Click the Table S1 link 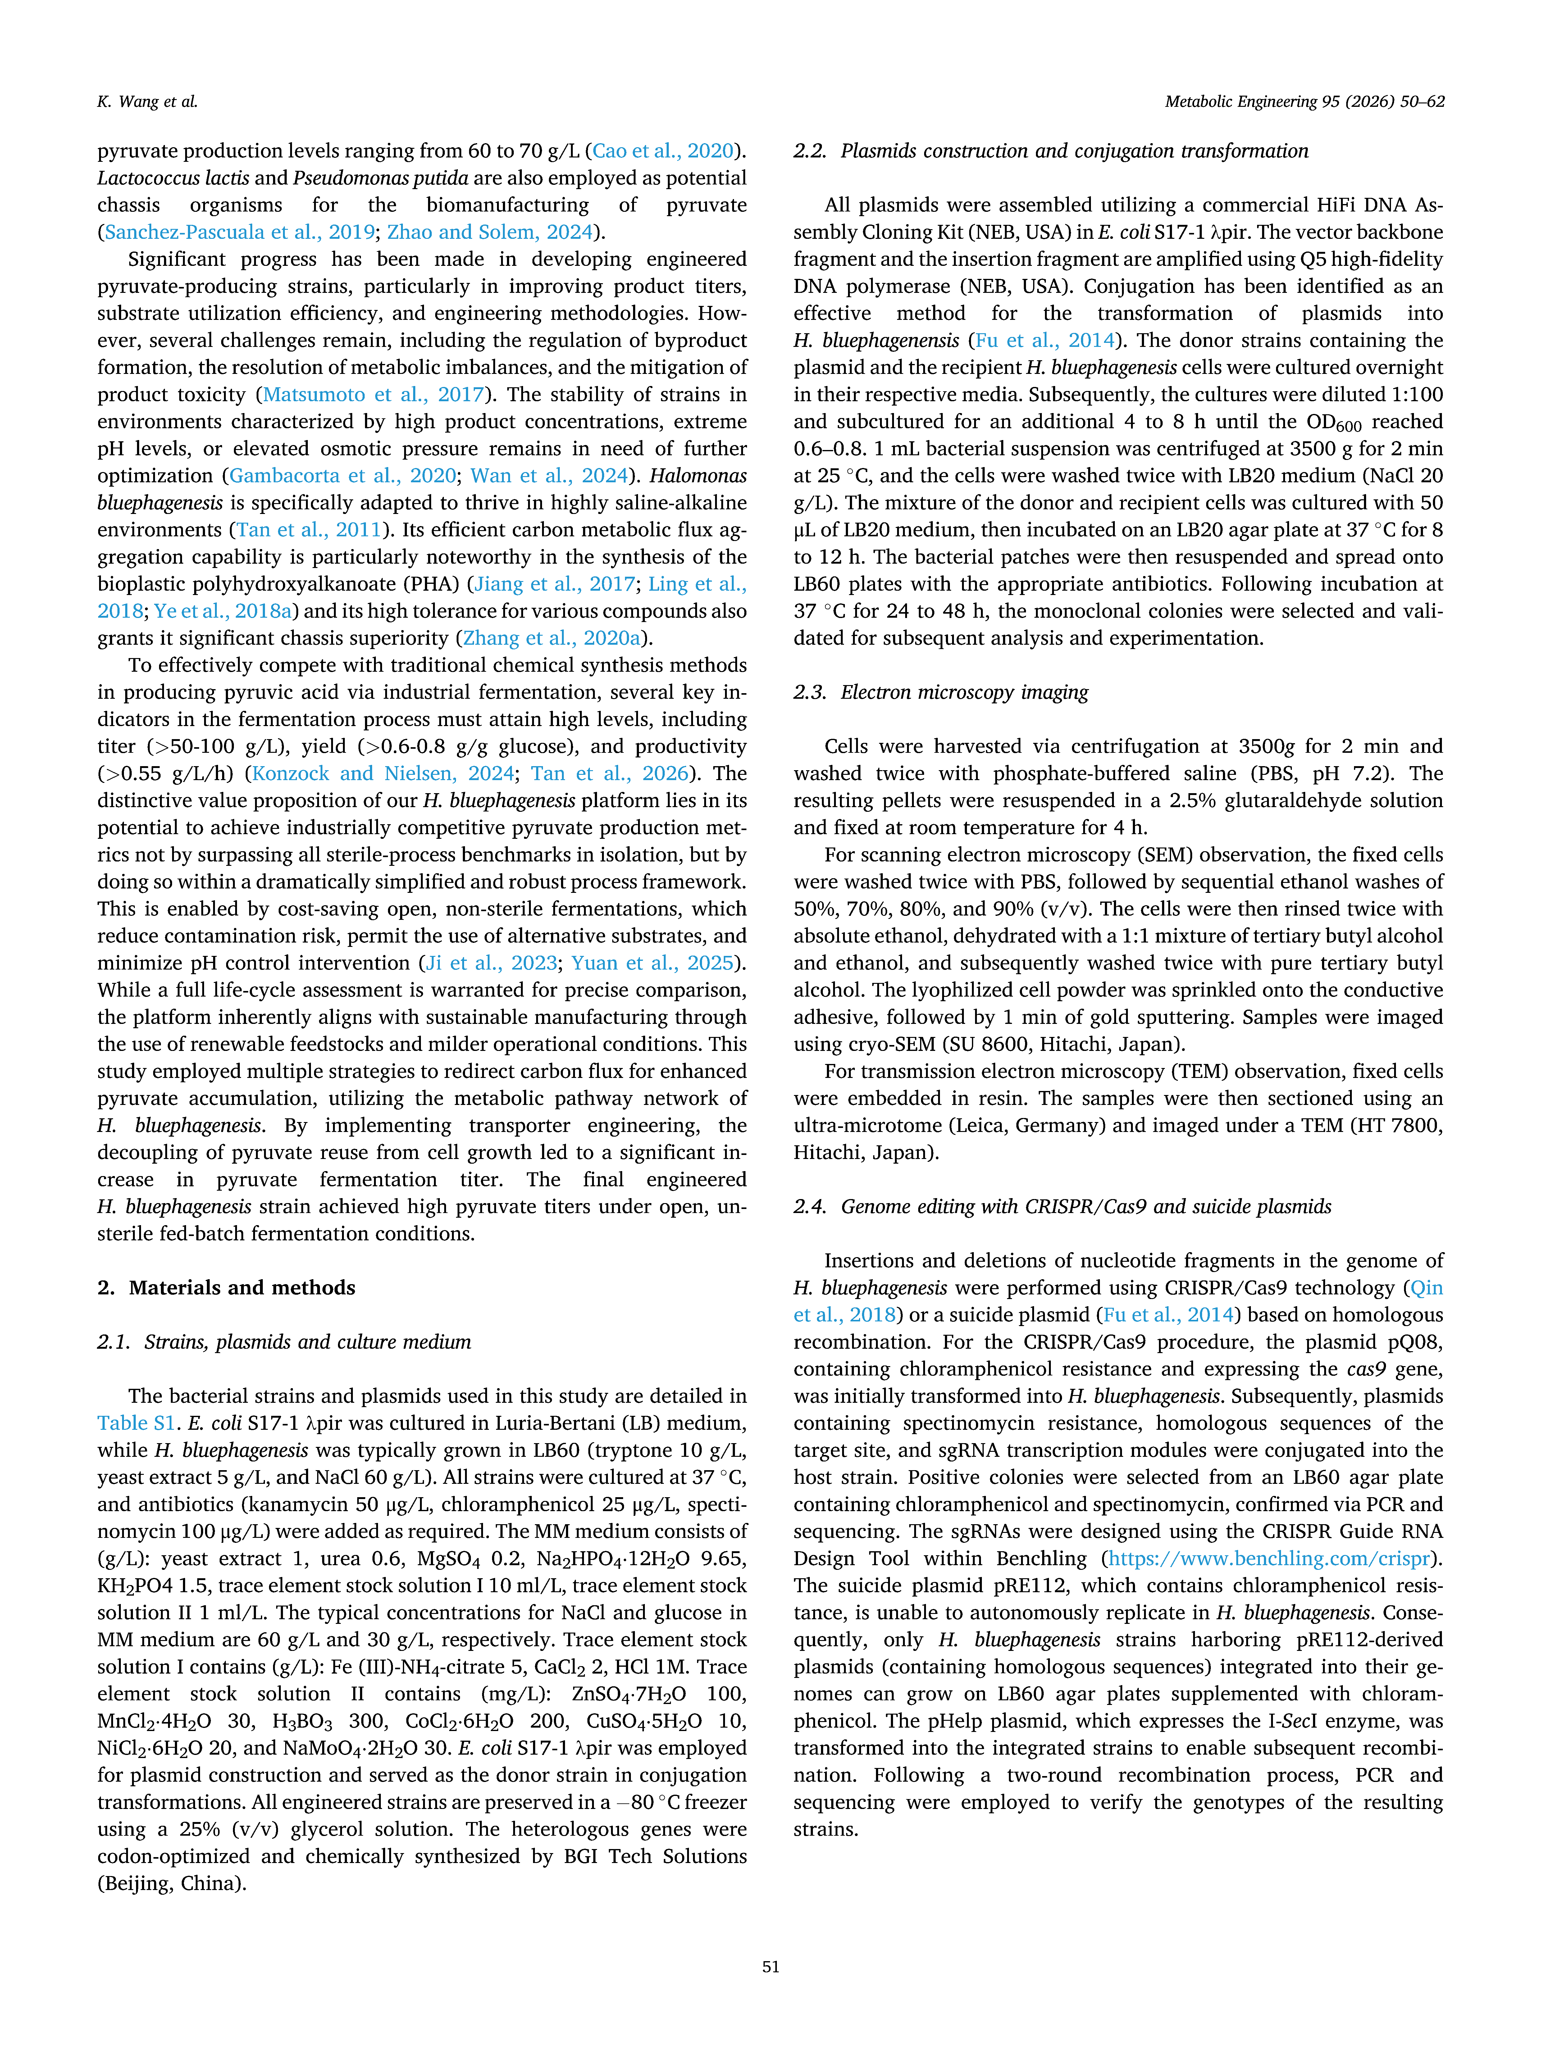(x=136, y=1423)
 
